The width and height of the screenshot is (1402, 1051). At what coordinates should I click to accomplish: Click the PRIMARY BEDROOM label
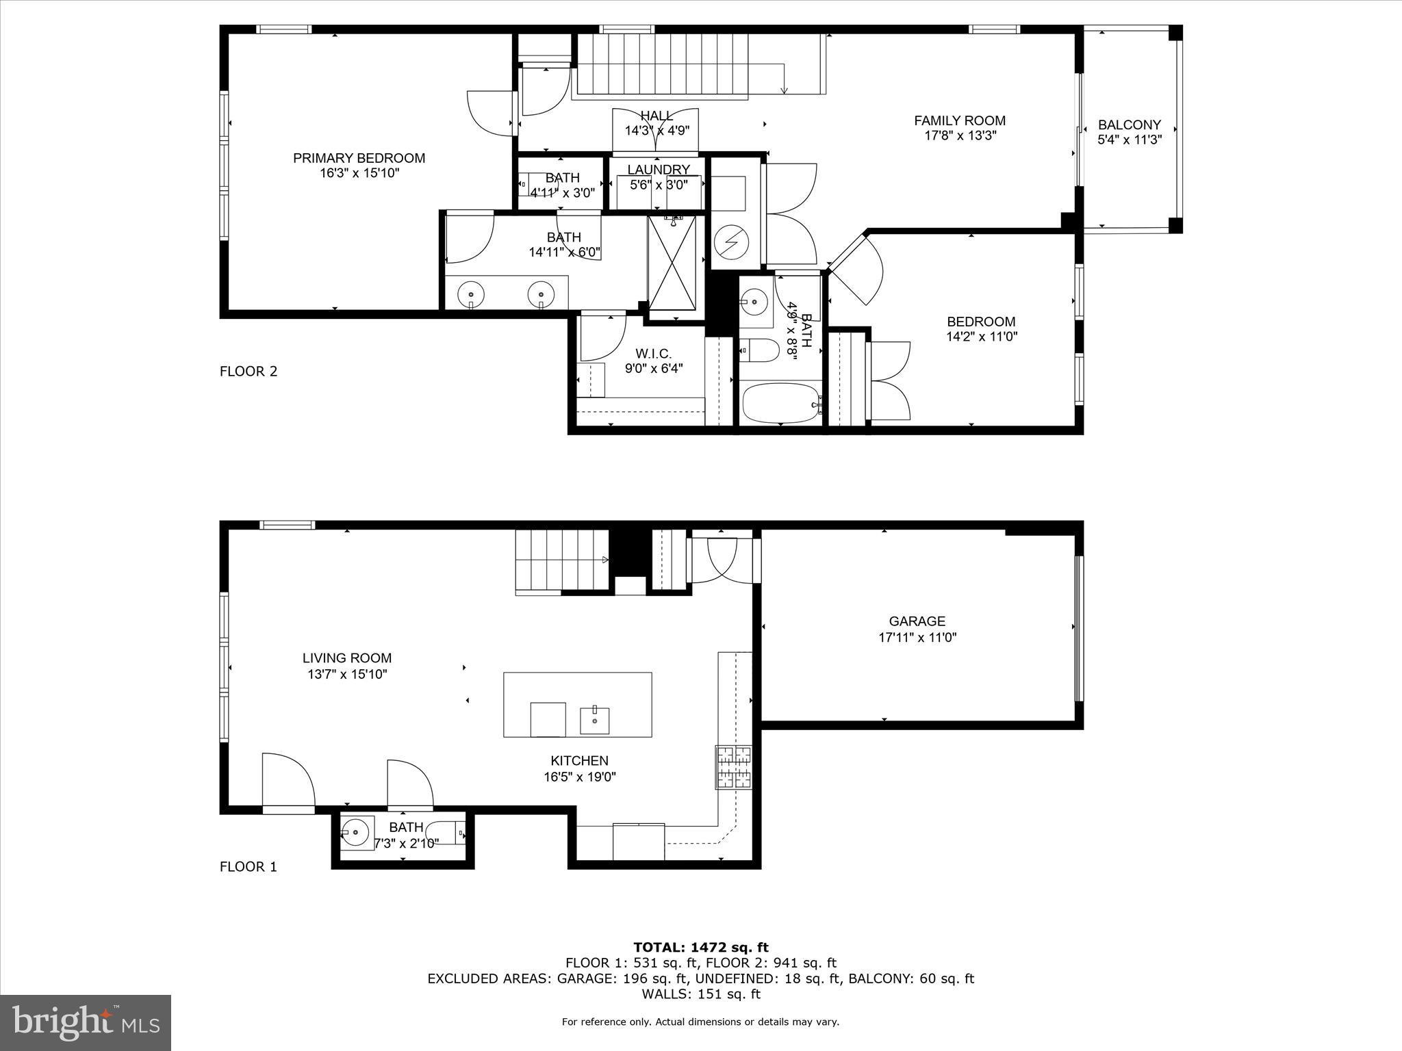click(x=359, y=158)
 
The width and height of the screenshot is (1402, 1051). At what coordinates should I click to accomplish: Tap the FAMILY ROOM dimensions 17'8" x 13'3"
click(x=960, y=135)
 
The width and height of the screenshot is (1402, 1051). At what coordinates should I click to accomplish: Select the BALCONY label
click(x=1129, y=125)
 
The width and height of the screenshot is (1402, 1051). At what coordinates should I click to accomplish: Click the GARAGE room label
click(x=917, y=621)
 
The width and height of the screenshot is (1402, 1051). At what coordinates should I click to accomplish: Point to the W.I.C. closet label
click(x=653, y=354)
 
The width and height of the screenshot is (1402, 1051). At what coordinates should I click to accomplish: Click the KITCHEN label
click(x=579, y=760)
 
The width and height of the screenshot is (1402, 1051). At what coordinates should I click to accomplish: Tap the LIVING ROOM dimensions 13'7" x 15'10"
click(x=347, y=674)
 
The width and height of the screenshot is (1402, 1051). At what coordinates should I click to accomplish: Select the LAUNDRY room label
click(x=658, y=170)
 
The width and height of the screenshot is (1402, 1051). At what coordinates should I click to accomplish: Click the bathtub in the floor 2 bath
click(x=781, y=404)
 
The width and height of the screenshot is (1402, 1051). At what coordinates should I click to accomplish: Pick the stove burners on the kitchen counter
click(x=733, y=766)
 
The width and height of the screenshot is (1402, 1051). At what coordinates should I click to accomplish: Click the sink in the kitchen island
click(x=594, y=720)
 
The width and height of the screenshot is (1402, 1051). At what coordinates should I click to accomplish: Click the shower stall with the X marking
click(x=672, y=263)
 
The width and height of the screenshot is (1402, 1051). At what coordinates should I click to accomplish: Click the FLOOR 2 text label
click(x=248, y=372)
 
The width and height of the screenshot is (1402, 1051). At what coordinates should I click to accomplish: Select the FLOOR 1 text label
click(x=248, y=867)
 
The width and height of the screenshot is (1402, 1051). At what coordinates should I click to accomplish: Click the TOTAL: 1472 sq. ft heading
click(x=700, y=947)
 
